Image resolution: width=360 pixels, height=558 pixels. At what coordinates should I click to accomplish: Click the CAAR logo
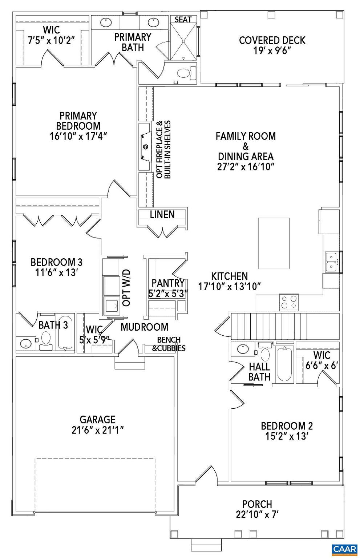[344, 548]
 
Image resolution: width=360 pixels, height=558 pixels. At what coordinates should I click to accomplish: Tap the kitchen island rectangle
[274, 243]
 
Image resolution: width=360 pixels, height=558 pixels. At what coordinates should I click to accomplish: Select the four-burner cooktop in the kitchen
[289, 302]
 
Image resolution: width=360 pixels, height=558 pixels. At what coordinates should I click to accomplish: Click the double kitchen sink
[331, 262]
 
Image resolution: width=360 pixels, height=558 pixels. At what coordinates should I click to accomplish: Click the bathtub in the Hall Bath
[284, 364]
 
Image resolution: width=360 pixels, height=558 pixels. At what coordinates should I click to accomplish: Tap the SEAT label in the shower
[183, 19]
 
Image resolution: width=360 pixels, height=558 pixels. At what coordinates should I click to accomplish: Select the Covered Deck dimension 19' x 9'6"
[272, 50]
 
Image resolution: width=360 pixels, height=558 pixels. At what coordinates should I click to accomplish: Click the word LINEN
[162, 214]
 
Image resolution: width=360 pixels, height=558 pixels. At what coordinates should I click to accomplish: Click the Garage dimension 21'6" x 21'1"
[98, 430]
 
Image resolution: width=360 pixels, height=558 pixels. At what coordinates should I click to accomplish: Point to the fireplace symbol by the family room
[145, 147]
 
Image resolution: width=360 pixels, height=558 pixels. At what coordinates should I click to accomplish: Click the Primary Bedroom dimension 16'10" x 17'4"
[78, 136]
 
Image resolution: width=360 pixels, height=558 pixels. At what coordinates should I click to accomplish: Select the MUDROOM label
[144, 327]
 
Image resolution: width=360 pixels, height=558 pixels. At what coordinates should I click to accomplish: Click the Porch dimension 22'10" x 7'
[257, 514]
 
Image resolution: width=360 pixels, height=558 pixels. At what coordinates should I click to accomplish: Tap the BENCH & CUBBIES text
[169, 344]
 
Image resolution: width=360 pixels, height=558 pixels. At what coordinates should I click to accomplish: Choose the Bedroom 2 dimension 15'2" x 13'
[287, 436]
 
